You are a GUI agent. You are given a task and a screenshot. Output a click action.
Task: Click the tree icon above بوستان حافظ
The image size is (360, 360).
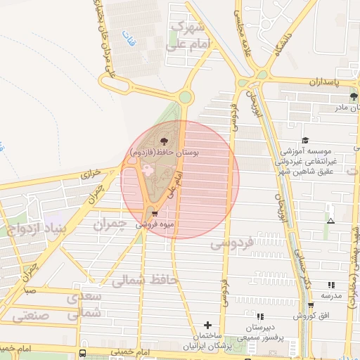pos(165,142)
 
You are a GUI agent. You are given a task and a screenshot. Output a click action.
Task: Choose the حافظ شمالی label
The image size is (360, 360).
pos(146,281)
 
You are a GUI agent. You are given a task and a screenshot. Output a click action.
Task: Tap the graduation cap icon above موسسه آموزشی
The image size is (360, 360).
pos(305,141)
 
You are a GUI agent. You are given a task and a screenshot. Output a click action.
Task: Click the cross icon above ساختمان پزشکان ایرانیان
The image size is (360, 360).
pos(207,325)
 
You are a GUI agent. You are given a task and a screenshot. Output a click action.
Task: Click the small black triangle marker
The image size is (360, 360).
pos(330,221)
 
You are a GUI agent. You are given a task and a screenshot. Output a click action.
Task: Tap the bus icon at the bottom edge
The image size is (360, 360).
pos(83,353)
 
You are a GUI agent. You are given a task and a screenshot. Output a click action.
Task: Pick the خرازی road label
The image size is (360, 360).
pos(91,172)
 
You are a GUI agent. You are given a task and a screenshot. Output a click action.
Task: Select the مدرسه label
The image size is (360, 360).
pos(330,295)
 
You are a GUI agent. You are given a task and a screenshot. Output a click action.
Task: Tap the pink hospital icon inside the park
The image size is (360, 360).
pos(147,169)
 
